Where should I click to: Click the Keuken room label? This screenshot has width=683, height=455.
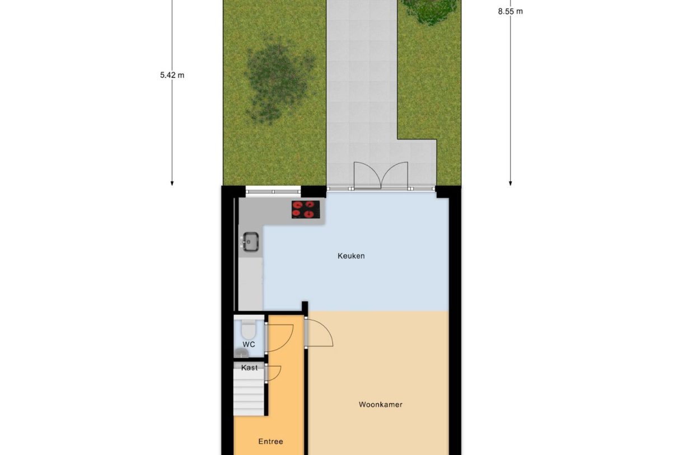click(x=351, y=256)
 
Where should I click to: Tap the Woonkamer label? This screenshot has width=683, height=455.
click(x=380, y=405)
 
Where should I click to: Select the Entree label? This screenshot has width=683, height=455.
click(x=270, y=442)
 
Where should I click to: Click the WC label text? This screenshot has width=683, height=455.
click(x=249, y=344)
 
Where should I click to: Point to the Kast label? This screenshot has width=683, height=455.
click(x=250, y=368)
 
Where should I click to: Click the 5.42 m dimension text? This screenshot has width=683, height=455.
click(x=172, y=74)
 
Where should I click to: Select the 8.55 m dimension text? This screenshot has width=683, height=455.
click(x=510, y=11)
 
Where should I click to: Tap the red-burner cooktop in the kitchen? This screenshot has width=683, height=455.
click(x=306, y=209)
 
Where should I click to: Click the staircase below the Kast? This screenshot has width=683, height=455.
click(x=249, y=395)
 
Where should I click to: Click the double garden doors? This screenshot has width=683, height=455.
click(x=381, y=175)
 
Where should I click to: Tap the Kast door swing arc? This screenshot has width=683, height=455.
click(x=274, y=373)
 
